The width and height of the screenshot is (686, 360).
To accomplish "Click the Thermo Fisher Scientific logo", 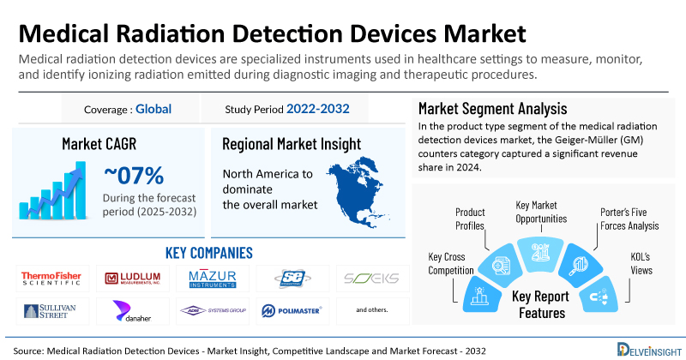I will tap(51, 278).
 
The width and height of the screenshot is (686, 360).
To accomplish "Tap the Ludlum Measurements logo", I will tap(132, 278).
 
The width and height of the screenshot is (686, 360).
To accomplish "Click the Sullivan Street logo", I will tap(51, 309).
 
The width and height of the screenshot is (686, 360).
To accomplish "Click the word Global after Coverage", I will tap(153, 109).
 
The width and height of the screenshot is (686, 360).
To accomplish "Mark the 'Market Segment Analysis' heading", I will tap(492, 109).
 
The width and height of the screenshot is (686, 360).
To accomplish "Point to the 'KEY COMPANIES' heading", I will tap(208, 253).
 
